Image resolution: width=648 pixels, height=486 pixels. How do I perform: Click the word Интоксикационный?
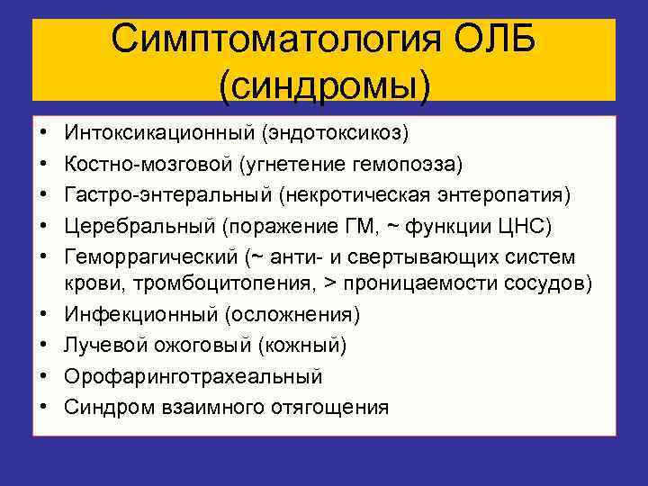click(x=158, y=133)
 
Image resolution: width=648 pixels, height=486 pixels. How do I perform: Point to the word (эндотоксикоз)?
click(x=335, y=133)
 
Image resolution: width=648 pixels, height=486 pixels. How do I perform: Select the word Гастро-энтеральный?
click(x=166, y=195)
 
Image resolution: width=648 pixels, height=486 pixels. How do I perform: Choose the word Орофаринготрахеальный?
click(x=193, y=376)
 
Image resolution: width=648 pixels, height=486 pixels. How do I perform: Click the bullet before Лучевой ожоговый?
click(x=44, y=345)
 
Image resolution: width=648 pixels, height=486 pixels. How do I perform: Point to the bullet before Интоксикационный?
click(x=44, y=133)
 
